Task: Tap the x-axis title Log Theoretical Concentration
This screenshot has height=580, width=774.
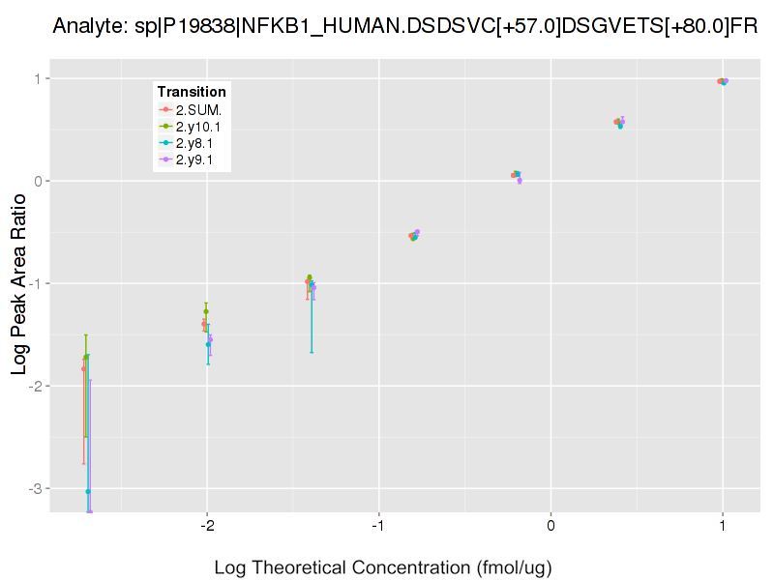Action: tap(383, 567)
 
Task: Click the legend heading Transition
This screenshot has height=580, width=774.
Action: tap(192, 92)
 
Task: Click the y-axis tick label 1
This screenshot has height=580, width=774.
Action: tap(39, 78)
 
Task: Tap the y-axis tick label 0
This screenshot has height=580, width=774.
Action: tap(39, 181)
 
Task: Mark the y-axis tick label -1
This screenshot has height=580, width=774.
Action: tap(36, 283)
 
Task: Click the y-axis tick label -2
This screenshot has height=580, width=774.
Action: tap(36, 386)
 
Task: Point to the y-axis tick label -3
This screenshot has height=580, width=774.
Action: tap(36, 488)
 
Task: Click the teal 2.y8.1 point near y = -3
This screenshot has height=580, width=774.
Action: tap(88, 492)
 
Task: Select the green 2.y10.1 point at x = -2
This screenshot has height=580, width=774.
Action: tap(206, 311)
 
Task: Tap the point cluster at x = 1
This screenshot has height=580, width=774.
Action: tap(723, 81)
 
